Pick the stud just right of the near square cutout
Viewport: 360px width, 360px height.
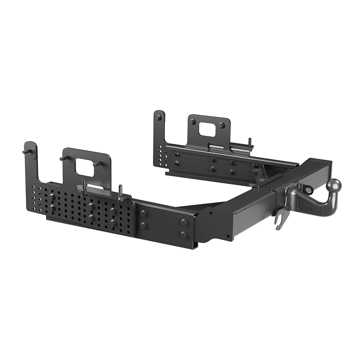[x=97, y=165]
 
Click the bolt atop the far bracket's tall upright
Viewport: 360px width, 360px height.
[x=158, y=118]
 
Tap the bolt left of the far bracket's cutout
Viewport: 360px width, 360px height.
[x=192, y=122]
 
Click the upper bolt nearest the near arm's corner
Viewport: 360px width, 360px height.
[x=184, y=222]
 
